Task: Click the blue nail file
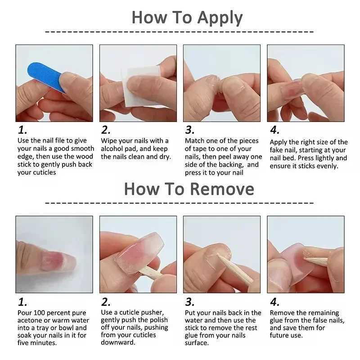(x=45, y=76)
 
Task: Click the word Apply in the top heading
(x=220, y=18)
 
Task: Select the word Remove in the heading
(x=222, y=189)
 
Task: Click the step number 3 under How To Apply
(x=190, y=130)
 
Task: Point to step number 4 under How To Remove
(x=274, y=302)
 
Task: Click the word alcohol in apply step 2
(x=112, y=149)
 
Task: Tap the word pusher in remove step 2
(x=153, y=312)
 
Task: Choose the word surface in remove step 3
(x=197, y=343)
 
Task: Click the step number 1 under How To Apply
(x=22, y=130)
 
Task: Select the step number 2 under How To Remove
(x=106, y=302)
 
